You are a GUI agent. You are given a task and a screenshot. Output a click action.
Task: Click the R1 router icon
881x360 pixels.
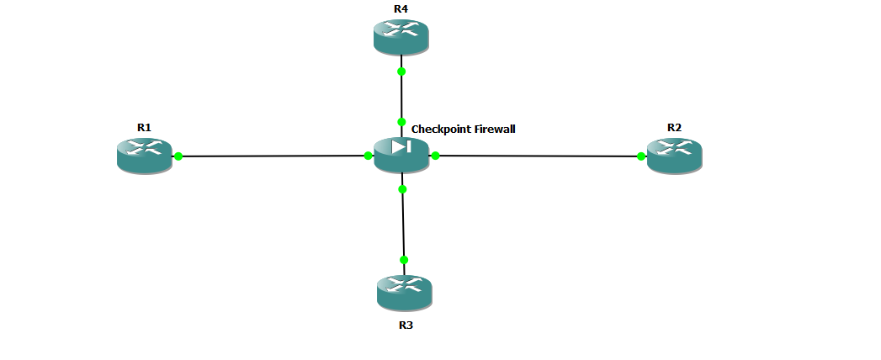click(145, 156)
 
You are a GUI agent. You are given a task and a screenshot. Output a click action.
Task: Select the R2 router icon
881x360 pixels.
click(674, 156)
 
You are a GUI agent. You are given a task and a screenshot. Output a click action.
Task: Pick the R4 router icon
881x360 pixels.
click(401, 37)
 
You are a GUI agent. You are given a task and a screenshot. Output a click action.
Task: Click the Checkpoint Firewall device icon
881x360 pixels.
click(401, 155)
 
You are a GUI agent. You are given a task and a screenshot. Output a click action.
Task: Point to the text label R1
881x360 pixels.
click(145, 128)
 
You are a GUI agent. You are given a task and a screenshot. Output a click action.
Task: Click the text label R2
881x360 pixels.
click(674, 128)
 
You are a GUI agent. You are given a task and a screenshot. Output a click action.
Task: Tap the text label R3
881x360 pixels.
click(406, 326)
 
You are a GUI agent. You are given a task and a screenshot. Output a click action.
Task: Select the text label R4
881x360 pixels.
click(401, 9)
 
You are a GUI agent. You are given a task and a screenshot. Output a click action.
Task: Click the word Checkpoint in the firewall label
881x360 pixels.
click(438, 130)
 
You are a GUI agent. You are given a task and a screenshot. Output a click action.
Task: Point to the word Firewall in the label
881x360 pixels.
click(492, 129)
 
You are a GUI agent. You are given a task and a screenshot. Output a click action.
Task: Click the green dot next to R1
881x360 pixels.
click(178, 156)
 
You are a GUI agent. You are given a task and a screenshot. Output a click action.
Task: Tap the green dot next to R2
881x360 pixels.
click(641, 156)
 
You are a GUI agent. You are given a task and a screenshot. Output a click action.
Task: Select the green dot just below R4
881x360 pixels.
click(401, 71)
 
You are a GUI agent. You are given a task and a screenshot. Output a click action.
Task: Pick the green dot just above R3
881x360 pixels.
click(404, 259)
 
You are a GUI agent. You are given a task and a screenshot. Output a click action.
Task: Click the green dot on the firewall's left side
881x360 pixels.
click(368, 156)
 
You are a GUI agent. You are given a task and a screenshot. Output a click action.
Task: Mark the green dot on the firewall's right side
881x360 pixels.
click(435, 156)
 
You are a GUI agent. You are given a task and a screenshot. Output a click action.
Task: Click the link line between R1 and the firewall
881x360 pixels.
click(273, 156)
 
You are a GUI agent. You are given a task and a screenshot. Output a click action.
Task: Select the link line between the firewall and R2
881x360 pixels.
click(539, 156)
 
